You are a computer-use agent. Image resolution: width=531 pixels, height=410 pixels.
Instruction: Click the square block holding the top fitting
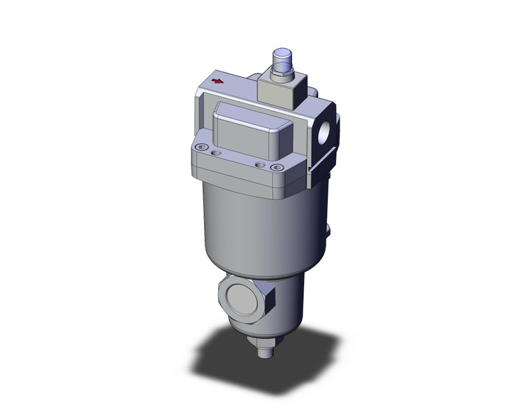tap(278, 91)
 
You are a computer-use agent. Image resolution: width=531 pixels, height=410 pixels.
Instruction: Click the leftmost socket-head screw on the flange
tap(202, 147)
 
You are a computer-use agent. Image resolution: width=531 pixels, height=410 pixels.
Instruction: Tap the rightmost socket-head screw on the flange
tap(278, 167)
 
